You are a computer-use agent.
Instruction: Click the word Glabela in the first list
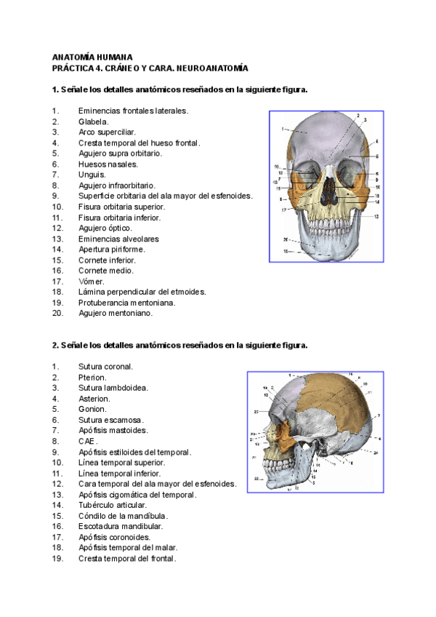click(x=93, y=122)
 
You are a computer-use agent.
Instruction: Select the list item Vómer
click(x=92, y=281)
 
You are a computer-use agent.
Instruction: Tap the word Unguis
click(x=92, y=175)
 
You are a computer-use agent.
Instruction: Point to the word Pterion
click(x=92, y=377)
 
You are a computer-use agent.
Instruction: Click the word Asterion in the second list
click(x=94, y=398)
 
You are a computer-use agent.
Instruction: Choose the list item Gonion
click(x=92, y=409)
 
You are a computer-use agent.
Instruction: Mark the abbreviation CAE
click(x=87, y=441)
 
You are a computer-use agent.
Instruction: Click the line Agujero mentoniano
click(x=116, y=313)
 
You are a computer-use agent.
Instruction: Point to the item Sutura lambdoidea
click(x=113, y=388)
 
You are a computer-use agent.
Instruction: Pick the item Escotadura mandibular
click(x=121, y=526)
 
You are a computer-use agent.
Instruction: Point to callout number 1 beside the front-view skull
click(x=282, y=129)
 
